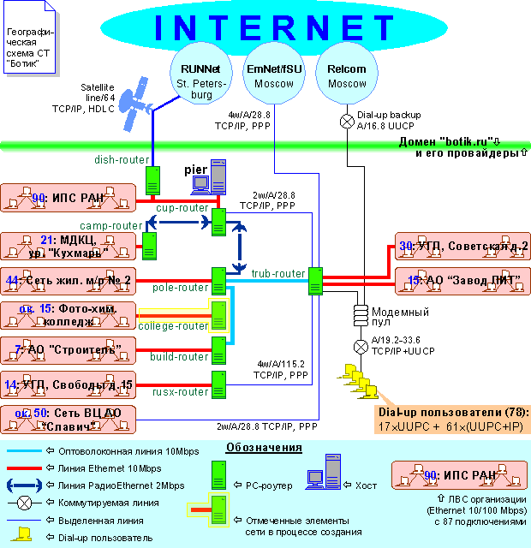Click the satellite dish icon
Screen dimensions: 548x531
tap(134, 105)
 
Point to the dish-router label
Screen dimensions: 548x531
tap(117, 158)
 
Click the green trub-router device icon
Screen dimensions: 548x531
tap(315, 280)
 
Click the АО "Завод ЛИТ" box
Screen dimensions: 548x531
tap(462, 280)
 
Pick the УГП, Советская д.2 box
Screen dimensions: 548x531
tap(462, 247)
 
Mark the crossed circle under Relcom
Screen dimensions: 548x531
tap(347, 121)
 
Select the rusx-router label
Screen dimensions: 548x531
tap(182, 391)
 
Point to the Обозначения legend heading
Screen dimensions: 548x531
tap(264, 448)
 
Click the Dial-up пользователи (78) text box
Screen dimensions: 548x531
tap(452, 419)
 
